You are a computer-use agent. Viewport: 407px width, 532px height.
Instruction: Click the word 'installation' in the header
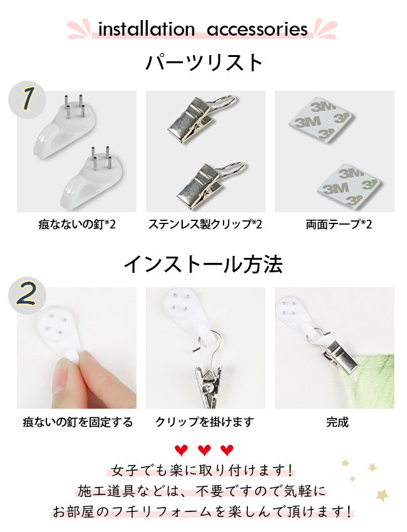(146, 29)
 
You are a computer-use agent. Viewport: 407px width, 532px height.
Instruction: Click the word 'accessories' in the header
(257, 30)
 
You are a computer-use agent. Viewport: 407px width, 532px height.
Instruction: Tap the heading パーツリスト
(204, 63)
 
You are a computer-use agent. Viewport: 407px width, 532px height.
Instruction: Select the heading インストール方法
(203, 265)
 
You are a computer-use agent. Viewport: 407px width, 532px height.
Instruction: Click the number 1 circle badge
(27, 100)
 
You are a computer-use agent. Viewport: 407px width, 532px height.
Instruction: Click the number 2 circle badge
(27, 295)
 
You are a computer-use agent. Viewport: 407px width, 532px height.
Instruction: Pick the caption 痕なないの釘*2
(77, 224)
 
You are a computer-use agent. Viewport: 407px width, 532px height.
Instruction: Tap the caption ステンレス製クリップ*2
(205, 224)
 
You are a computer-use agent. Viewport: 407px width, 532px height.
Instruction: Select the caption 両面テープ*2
(339, 224)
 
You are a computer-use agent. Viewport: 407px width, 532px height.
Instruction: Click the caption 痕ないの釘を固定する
(78, 422)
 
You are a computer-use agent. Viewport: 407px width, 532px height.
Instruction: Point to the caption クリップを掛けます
(205, 422)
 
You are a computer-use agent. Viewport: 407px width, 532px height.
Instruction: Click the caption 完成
(337, 422)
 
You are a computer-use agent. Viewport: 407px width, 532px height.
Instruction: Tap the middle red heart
(204, 450)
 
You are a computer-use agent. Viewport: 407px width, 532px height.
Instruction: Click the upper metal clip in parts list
(203, 117)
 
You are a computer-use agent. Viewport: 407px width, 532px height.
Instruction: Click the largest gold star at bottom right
(383, 495)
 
